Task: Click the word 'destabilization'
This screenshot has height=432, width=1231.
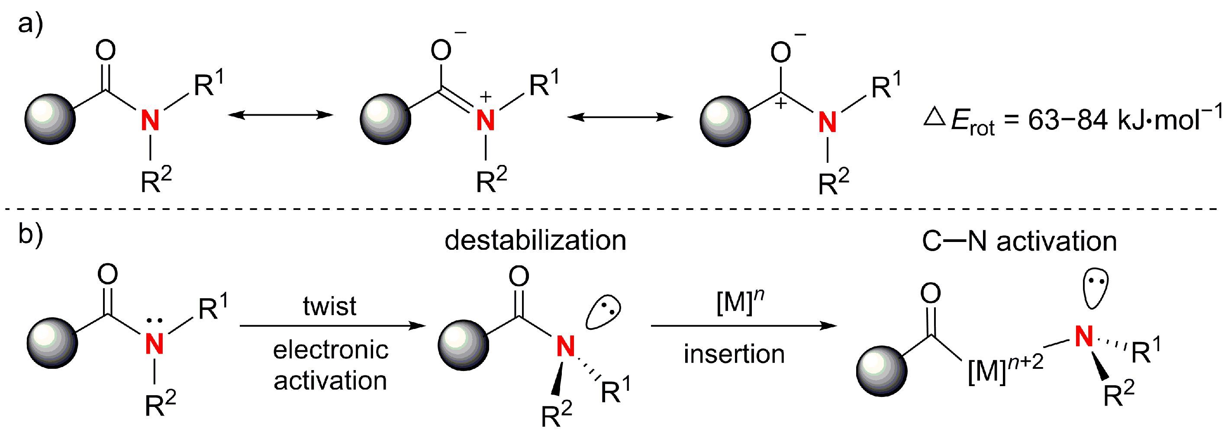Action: [535, 240]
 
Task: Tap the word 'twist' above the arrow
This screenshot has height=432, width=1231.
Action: [329, 306]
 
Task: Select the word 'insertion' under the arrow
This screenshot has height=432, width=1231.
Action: [734, 354]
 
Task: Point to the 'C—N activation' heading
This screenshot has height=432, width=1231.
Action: [1019, 242]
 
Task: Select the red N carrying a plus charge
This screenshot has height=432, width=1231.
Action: [486, 119]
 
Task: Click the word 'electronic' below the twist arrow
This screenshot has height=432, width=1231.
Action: [331, 350]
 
